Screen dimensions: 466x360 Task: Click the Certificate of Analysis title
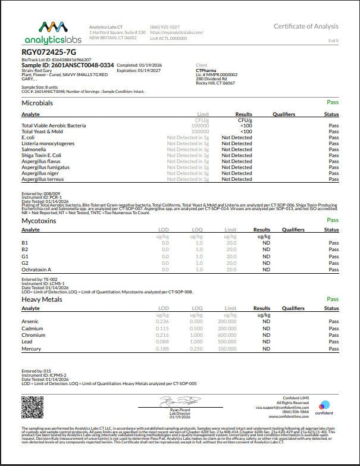click(x=306, y=26)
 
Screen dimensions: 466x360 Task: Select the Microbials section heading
click(x=37, y=104)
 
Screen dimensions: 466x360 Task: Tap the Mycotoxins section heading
click(x=39, y=220)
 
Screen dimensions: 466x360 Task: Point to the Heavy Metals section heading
click(x=42, y=299)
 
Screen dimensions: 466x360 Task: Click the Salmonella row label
click(x=35, y=149)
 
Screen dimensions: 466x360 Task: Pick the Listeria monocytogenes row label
click(x=47, y=143)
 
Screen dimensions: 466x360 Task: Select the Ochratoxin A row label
click(x=36, y=270)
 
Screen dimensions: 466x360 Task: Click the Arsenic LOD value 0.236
click(x=162, y=322)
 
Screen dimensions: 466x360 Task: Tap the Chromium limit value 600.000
click(x=227, y=335)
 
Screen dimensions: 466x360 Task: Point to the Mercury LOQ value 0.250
click(x=196, y=348)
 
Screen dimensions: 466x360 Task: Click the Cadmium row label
click(x=33, y=329)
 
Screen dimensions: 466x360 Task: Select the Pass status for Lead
click(x=333, y=342)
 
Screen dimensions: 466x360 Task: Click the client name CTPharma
click(x=206, y=70)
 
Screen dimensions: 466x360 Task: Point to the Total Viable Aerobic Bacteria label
click(x=54, y=126)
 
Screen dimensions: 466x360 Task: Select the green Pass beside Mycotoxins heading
click(x=333, y=220)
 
